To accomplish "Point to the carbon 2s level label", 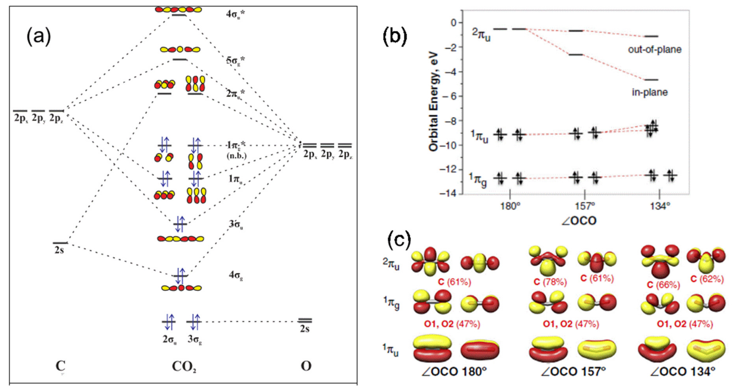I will click(x=59, y=251).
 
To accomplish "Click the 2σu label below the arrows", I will click(x=170, y=340).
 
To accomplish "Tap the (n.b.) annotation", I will click(x=236, y=156).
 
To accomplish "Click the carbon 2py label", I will click(x=38, y=118).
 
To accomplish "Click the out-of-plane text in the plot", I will click(x=654, y=50).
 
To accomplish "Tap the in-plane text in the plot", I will click(x=650, y=92).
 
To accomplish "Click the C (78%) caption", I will click(x=550, y=282).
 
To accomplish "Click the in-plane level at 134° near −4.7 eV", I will click(x=651, y=80).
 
